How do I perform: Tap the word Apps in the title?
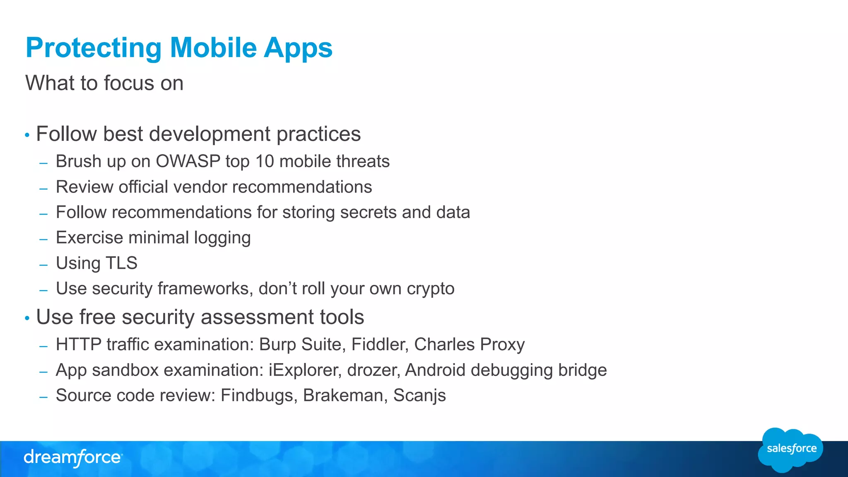[x=298, y=48]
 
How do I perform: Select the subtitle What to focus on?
[x=104, y=83]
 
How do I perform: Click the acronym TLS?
[x=121, y=263]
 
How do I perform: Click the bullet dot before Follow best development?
[x=27, y=135]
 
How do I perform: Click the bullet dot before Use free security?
[x=27, y=318]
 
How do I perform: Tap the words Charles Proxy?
[x=470, y=344]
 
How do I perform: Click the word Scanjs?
[x=419, y=395]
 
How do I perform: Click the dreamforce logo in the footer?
[x=73, y=458]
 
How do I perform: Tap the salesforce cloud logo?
[x=791, y=450]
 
